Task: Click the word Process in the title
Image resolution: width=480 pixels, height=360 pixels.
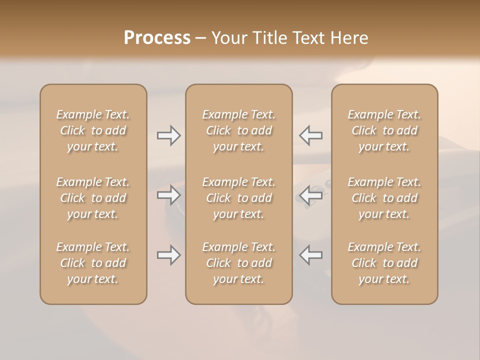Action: [x=157, y=38]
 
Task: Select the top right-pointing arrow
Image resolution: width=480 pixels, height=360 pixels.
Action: [x=168, y=135]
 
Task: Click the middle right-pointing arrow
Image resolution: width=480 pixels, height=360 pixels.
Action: [x=168, y=195]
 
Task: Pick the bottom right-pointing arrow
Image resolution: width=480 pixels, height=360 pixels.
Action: [x=168, y=255]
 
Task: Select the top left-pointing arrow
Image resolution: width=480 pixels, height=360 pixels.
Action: [x=311, y=135]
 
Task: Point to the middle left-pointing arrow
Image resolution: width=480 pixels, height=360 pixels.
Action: [x=311, y=195]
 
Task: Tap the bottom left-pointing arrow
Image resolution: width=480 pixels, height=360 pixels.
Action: [x=311, y=255]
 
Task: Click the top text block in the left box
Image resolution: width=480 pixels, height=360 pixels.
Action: [x=93, y=130]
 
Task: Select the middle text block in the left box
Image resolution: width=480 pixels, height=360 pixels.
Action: [x=93, y=198]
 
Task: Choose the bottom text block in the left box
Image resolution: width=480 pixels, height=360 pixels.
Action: [x=93, y=263]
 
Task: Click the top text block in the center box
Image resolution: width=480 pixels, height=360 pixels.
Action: [x=239, y=130]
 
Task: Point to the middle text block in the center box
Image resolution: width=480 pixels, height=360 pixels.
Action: [x=239, y=198]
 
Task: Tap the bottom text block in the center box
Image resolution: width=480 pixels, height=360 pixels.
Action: [x=239, y=263]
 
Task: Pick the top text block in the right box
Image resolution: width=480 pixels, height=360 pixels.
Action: [x=384, y=130]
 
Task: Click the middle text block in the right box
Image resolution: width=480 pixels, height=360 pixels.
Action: [x=384, y=198]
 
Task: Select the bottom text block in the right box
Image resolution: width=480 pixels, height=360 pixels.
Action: [x=384, y=263]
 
